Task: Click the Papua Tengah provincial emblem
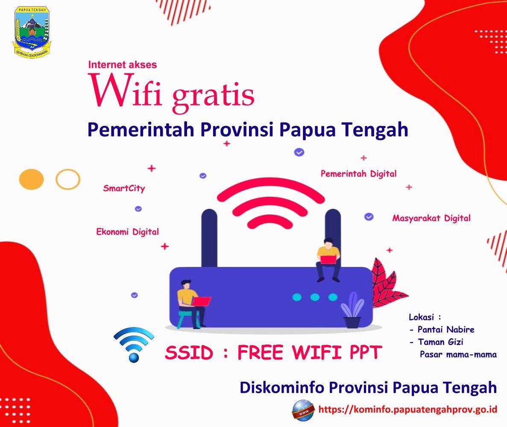pyautogui.click(x=32, y=32)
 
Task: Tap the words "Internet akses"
pyautogui.click(x=122, y=64)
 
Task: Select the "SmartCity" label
pyautogui.click(x=124, y=188)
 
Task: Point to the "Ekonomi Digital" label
pyautogui.click(x=127, y=232)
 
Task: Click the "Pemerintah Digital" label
pyautogui.click(x=358, y=174)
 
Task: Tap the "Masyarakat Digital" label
pyautogui.click(x=431, y=218)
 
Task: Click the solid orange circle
pyautogui.click(x=31, y=179)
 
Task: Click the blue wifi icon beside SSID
pyautogui.click(x=134, y=344)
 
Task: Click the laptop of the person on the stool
pyautogui.click(x=201, y=301)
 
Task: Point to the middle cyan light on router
pyautogui.click(x=315, y=297)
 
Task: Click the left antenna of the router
pyautogui.click(x=209, y=238)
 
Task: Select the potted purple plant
pyautogui.click(x=352, y=310)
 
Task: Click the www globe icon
pyautogui.click(x=303, y=410)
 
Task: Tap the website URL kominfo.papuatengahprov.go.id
pyautogui.click(x=407, y=409)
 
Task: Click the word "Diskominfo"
pyautogui.click(x=282, y=387)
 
